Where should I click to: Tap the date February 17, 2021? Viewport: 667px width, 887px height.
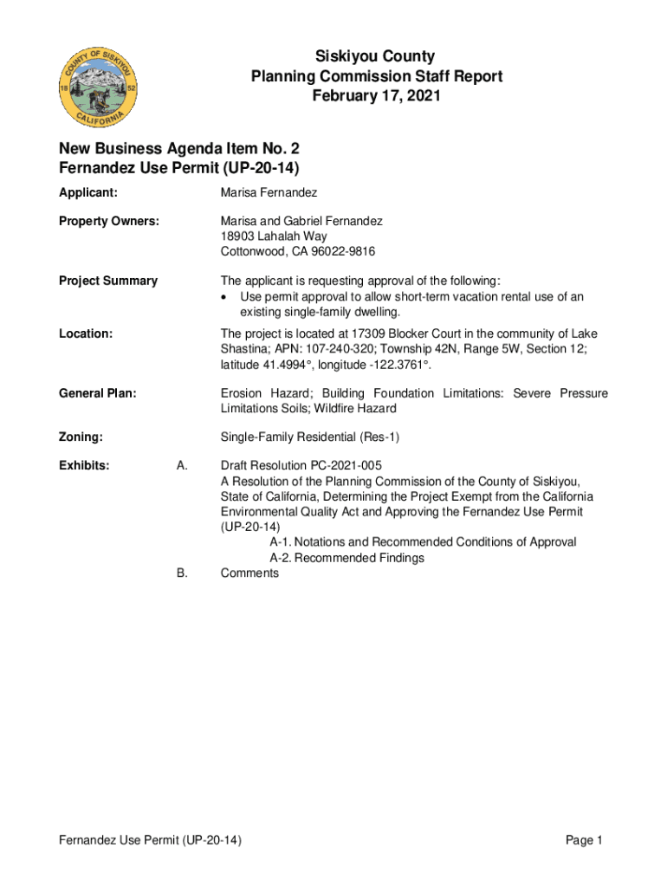tap(376, 96)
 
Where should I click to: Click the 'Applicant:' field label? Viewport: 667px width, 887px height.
tap(88, 191)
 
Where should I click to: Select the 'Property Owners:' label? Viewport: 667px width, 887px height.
tap(109, 221)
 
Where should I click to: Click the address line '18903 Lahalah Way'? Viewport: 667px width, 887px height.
tap(274, 236)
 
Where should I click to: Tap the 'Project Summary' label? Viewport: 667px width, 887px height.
tap(108, 281)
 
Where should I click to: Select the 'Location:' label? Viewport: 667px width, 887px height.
tap(86, 333)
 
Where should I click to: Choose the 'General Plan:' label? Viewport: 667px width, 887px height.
tap(98, 394)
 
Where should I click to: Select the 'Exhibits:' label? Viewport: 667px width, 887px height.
tap(85, 466)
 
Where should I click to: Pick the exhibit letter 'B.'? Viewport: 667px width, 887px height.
tap(182, 573)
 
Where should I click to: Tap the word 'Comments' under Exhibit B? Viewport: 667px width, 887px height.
tap(250, 573)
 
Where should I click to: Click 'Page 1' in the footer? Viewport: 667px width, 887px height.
tap(584, 840)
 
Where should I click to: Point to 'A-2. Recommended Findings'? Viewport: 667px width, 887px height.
tap(346, 558)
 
